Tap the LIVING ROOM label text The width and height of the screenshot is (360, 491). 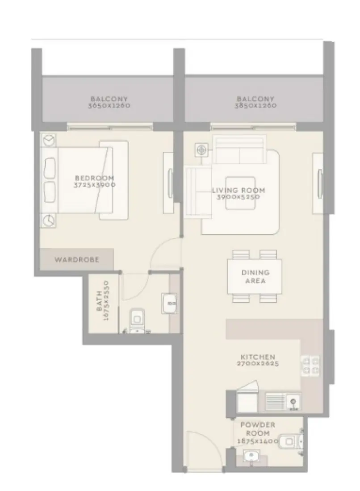point(238,191)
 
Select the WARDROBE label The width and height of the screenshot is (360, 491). point(77,259)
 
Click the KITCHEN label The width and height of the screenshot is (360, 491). point(257,357)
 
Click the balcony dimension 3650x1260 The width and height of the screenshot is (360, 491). point(109,106)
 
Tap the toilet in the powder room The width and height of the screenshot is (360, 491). point(291,441)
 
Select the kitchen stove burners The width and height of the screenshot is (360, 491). point(310,366)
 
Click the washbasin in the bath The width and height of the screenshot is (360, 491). point(170,304)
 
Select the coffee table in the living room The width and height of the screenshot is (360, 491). point(240,196)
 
